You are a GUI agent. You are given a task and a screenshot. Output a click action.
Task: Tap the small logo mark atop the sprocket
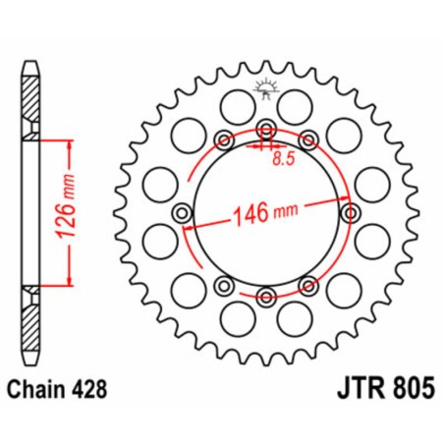[x=265, y=89]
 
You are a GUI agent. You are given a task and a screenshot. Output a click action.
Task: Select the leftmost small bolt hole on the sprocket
[x=181, y=212]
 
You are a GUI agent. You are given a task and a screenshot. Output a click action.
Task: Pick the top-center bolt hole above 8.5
[x=265, y=130]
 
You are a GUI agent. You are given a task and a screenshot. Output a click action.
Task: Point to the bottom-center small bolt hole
[x=265, y=295]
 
